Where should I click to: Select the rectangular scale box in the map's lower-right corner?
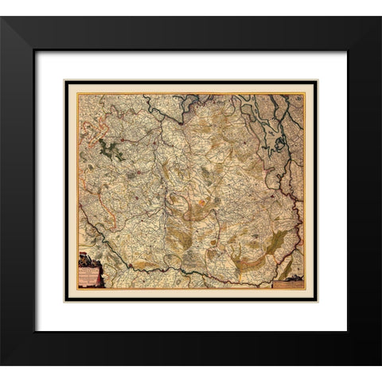[x=286, y=282]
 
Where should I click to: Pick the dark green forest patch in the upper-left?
[x=111, y=149]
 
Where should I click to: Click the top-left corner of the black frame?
[x=2, y=18]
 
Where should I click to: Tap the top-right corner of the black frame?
[x=380, y=18]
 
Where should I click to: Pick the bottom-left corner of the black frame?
[x=2, y=364]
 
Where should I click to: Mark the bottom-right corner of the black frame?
[x=380, y=364]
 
